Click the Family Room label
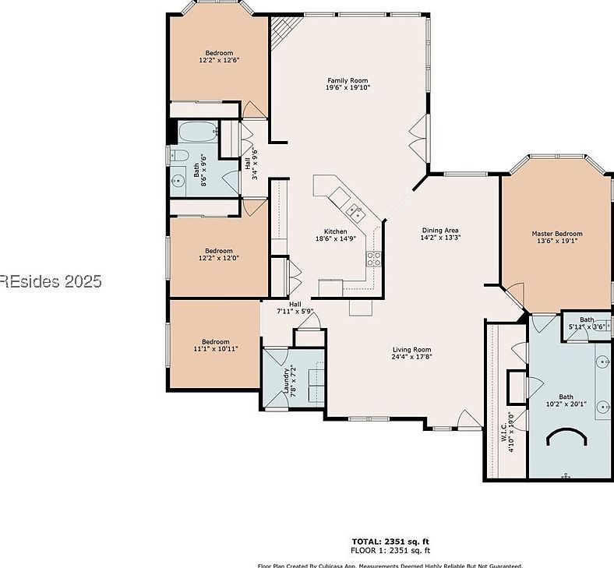348,81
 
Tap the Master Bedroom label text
556,234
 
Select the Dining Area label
440,230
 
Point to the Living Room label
411,350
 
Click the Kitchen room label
336,231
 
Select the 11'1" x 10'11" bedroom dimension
216,349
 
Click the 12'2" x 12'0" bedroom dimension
218,258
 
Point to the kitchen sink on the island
355,209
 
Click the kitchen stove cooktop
374,258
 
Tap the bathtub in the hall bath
198,132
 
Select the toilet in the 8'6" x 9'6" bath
178,156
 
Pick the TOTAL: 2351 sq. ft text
390,541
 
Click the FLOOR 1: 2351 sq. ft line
390,549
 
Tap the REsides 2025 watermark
51,281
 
